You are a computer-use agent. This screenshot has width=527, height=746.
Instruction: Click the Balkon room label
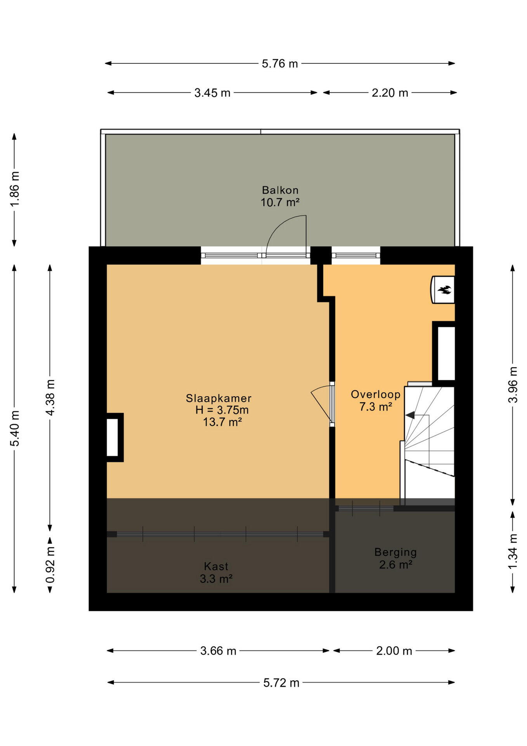tap(280, 190)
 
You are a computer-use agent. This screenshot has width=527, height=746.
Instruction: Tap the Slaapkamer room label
tap(218, 398)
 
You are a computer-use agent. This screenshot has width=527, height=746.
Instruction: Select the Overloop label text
tap(376, 395)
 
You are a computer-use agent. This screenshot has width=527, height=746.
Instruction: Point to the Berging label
tap(395, 553)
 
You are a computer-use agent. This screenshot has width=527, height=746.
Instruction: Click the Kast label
tap(216, 566)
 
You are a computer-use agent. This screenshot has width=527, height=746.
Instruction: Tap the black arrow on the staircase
tap(410, 415)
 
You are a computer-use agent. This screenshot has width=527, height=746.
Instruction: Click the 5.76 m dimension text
tap(280, 64)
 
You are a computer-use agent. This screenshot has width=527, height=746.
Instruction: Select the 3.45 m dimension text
tap(212, 93)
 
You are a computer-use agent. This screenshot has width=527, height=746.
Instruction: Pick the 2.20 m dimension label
tap(390, 93)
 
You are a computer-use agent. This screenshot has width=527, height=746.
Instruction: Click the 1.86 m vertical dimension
tap(14, 190)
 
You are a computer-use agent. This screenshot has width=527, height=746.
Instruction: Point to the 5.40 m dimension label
tap(14, 428)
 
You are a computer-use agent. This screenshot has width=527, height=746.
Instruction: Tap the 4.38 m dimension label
tap(50, 397)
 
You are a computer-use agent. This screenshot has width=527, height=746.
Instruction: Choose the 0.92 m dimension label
tap(50, 565)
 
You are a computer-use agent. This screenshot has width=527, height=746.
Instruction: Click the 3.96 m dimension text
tap(513, 385)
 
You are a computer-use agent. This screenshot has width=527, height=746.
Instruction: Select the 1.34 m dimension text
tap(513, 552)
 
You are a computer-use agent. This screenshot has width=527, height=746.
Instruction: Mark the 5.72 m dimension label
tap(281, 683)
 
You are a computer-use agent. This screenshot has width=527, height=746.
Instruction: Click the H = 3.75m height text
tap(222, 410)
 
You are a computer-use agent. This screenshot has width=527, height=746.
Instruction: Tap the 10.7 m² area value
tap(280, 202)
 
